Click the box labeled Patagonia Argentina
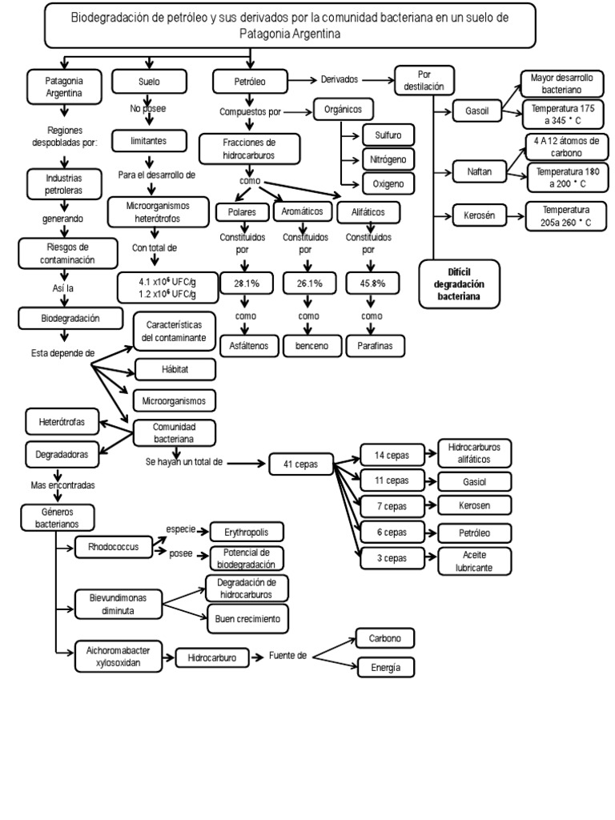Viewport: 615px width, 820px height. [x=65, y=87]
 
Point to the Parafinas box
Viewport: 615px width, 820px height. [x=375, y=346]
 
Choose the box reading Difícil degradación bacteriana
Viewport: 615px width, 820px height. [x=459, y=284]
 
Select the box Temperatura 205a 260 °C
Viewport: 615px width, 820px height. [x=562, y=216]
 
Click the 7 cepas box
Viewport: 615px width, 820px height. [x=392, y=506]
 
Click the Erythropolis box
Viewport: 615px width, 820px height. [x=247, y=533]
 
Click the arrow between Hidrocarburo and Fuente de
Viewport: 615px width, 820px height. [x=255, y=657]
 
